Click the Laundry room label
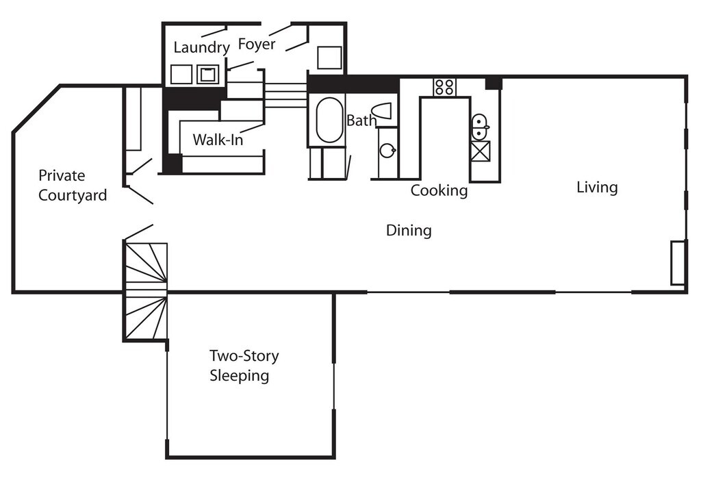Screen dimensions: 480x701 point(201,48)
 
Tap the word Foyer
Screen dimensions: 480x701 point(257,45)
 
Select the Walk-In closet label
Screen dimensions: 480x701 point(218,140)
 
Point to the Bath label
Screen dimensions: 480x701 point(361,121)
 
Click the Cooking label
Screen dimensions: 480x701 point(439,190)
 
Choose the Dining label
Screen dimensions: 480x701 point(409,230)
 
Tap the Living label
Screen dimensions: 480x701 point(597,187)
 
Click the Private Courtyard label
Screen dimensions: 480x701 point(73,186)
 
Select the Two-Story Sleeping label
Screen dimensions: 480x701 point(244,366)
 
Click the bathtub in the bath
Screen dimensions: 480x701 point(329,120)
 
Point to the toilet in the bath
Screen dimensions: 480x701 point(381,112)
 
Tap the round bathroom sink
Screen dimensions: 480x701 point(388,150)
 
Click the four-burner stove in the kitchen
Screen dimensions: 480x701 point(444,87)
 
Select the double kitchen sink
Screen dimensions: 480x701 point(480,127)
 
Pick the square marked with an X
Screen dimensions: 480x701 point(480,151)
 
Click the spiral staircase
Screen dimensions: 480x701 point(146,290)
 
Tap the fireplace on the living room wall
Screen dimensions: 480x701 point(678,262)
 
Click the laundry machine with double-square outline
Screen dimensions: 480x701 point(207,73)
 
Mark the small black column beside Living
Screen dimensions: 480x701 point(494,83)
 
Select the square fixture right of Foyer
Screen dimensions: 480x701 point(329,58)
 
